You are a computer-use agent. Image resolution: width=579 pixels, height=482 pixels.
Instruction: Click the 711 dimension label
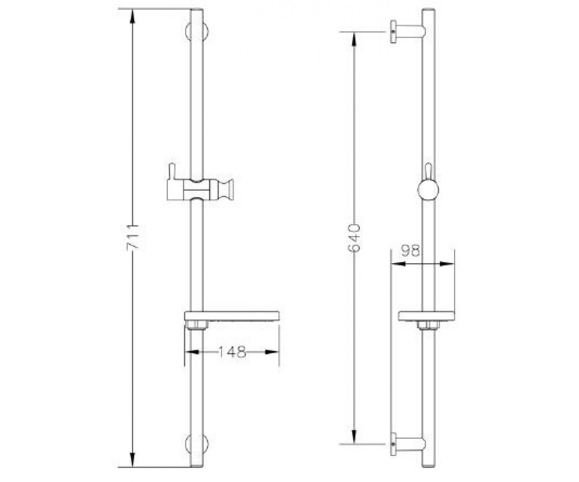(x=133, y=238)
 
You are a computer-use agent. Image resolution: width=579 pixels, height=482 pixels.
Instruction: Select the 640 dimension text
(x=354, y=238)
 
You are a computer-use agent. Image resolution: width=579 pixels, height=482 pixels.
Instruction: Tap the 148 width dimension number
(x=233, y=352)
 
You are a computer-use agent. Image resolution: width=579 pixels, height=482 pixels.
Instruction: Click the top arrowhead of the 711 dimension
(x=133, y=17)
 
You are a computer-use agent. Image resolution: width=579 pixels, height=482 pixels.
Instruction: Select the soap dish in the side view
(x=426, y=316)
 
